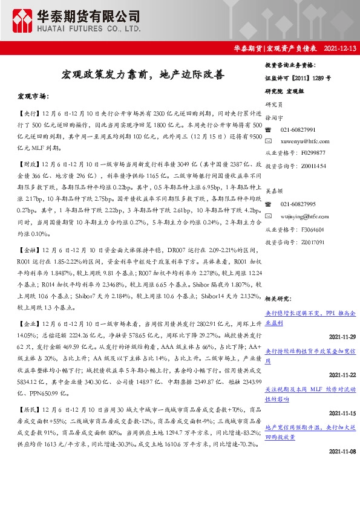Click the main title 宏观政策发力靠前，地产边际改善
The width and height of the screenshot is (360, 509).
coord(142,75)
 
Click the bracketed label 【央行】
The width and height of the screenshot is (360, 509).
coord(27,113)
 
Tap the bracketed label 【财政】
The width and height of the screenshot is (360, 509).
coord(27,163)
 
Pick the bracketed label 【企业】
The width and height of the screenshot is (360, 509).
coord(27,323)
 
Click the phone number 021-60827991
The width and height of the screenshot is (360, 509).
coord(298,130)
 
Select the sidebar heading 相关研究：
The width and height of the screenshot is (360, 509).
coord(279,298)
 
